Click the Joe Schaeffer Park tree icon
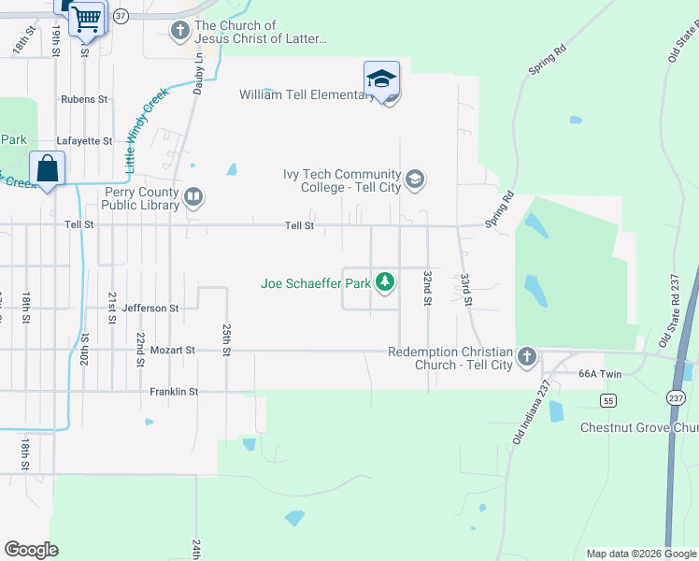(384, 281)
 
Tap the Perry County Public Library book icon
(193, 196)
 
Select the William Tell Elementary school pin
(381, 80)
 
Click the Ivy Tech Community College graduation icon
(415, 178)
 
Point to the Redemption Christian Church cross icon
(527, 356)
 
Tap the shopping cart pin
(86, 18)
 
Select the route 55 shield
(607, 400)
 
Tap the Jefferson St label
(150, 308)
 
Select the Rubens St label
(85, 98)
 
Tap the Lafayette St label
(84, 141)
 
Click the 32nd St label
(427, 281)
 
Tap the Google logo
(31, 550)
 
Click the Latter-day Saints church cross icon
(180, 32)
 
